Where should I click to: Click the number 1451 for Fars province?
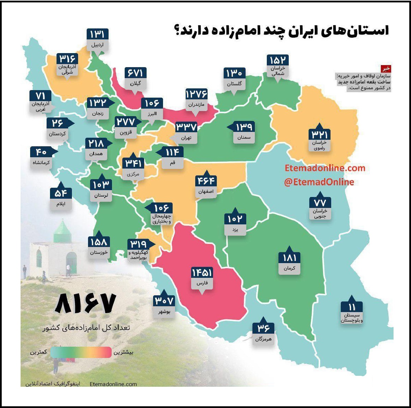point(202,273)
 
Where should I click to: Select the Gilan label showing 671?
point(135,73)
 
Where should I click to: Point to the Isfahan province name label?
point(206,191)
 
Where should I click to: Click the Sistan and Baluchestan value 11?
point(352,307)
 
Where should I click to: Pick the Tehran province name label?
point(186,138)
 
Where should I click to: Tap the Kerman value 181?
point(289,258)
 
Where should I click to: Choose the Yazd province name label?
point(235,229)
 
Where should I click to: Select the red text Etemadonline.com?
point(325,168)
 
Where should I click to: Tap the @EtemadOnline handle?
point(319,182)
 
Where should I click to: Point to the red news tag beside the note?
point(386,69)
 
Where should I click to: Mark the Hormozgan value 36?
point(263,328)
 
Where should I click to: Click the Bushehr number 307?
point(164,301)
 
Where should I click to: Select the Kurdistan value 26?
point(58,123)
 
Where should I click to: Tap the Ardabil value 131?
point(97,34)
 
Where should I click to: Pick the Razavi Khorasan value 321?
point(319,134)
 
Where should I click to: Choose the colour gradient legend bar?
point(81,352)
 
